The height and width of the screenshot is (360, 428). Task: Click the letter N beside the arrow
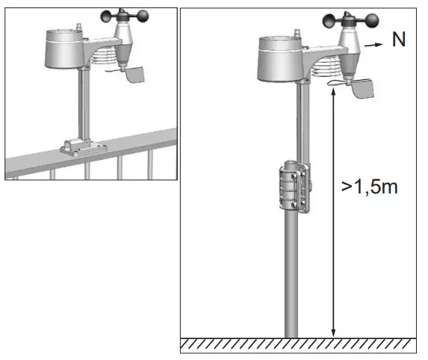400,40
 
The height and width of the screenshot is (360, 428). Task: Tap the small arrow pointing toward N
374,45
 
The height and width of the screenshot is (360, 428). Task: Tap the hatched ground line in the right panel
299,345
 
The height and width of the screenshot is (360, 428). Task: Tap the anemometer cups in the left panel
120,14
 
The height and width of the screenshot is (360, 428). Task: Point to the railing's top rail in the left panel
134,142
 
